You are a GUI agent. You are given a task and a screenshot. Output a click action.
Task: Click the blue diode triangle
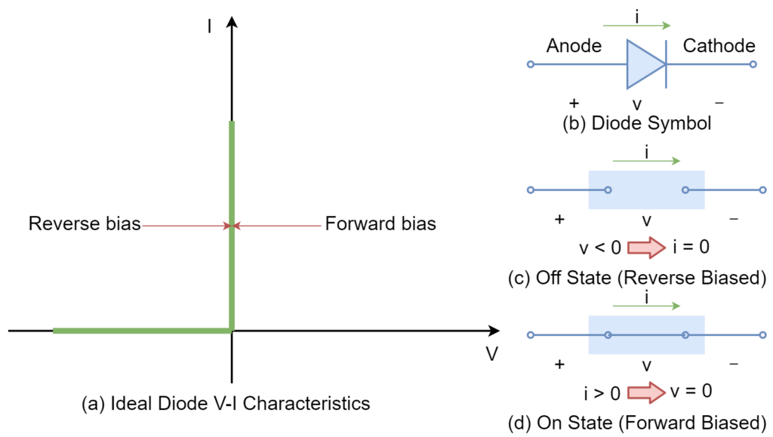(x=642, y=64)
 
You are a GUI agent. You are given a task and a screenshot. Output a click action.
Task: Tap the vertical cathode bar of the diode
(x=666, y=64)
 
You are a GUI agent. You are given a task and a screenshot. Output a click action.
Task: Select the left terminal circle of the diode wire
(x=531, y=64)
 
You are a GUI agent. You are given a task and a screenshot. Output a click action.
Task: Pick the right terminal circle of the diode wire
(x=753, y=64)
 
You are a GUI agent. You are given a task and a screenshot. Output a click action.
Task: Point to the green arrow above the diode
(x=636, y=26)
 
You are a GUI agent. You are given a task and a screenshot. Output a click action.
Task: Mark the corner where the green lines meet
(x=232, y=330)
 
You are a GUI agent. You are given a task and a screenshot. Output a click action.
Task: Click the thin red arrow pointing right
(x=185, y=226)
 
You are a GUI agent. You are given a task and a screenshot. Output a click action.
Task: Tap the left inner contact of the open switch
(x=608, y=190)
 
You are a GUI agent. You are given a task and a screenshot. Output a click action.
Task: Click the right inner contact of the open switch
(x=685, y=190)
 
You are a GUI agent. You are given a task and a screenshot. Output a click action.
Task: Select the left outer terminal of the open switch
(x=531, y=190)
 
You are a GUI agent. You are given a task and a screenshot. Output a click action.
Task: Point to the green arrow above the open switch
(x=646, y=161)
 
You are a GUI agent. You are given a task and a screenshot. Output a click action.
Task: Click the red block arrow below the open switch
(x=646, y=248)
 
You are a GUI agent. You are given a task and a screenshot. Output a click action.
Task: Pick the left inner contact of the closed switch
(x=608, y=335)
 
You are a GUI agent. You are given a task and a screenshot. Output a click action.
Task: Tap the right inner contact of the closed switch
(x=685, y=335)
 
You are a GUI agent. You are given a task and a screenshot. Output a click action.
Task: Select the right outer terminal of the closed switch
(x=762, y=335)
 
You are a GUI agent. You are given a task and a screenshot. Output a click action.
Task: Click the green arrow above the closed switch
(x=646, y=306)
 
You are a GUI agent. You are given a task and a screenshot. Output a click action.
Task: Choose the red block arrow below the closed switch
(x=646, y=392)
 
